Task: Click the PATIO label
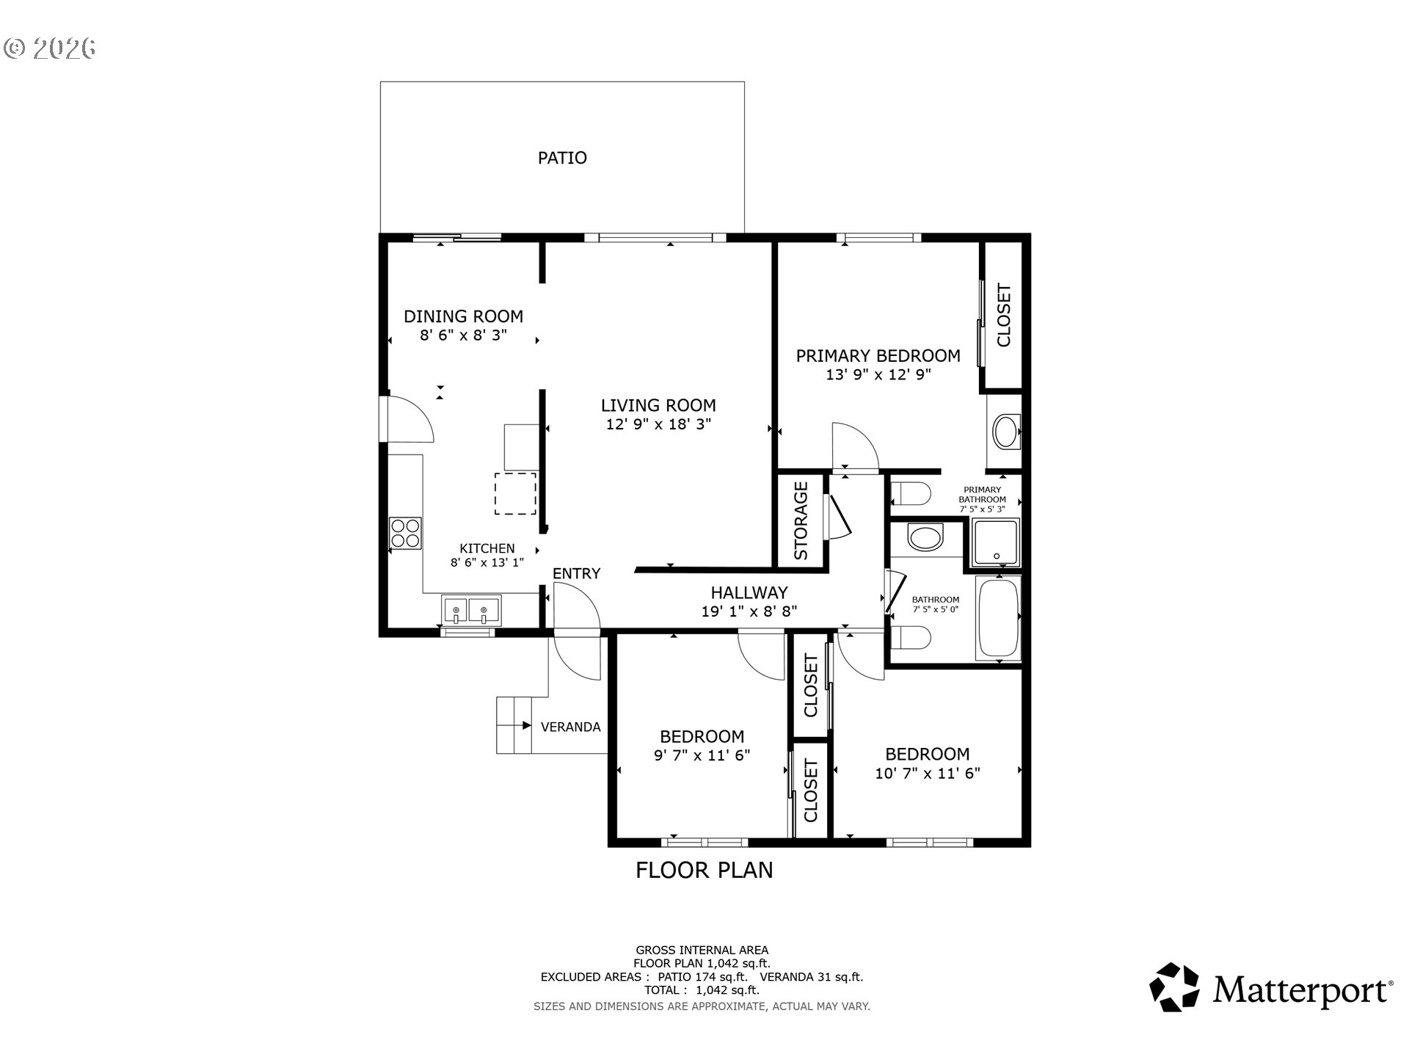[x=562, y=158]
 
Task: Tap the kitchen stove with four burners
[x=405, y=533]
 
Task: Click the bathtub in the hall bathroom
[x=997, y=617]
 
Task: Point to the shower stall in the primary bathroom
[x=996, y=543]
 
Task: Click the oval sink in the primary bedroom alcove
[x=1006, y=432]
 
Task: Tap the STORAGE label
[x=801, y=520]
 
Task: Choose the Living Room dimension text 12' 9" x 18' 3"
[x=658, y=424]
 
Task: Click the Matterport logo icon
[x=1174, y=987]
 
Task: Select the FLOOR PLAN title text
[x=704, y=870]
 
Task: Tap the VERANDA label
[x=570, y=727]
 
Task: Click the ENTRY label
[x=576, y=573]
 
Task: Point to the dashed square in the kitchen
[x=515, y=493]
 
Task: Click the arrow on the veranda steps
[x=526, y=726]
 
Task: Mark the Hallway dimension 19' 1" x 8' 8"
[x=749, y=611]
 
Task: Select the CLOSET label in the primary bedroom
[x=1004, y=315]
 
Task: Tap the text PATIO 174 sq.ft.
[x=702, y=977]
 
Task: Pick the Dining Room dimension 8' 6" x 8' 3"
[x=463, y=335]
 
